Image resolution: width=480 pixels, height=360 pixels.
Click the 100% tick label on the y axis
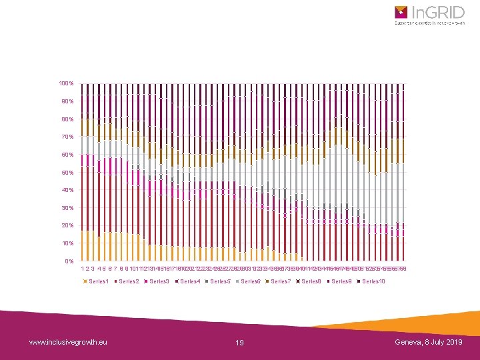tap(66, 83)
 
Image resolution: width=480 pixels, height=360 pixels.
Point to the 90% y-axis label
tap(67, 101)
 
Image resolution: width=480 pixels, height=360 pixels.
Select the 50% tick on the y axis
tap(67, 173)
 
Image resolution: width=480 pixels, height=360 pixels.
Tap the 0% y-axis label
tap(69, 261)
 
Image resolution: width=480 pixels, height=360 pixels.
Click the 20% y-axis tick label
tap(67, 226)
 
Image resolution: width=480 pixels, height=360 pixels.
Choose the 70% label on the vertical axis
tap(67, 137)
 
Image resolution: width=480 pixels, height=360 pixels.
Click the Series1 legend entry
tap(97, 281)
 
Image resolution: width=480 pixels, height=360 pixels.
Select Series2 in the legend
tap(128, 281)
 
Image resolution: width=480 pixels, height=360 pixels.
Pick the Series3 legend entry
tap(159, 281)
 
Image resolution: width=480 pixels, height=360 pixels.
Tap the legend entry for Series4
tap(190, 281)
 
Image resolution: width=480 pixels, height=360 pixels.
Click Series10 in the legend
tap(374, 281)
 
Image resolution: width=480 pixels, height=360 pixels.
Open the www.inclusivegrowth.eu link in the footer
tap(68, 342)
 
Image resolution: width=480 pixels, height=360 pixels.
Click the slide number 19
tap(240, 343)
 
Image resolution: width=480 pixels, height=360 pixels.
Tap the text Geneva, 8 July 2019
tap(428, 342)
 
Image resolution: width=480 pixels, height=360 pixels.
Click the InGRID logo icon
tap(401, 12)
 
